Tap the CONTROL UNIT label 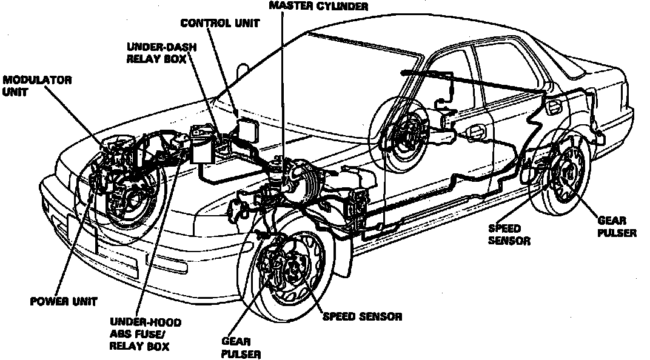coord(219,24)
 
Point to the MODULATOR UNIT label coord(38,86)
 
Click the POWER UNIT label coord(63,301)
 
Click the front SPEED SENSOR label coord(363,316)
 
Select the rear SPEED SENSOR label coord(509,235)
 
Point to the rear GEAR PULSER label coord(617,227)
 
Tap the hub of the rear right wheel coord(569,173)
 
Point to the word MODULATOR coord(38,80)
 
